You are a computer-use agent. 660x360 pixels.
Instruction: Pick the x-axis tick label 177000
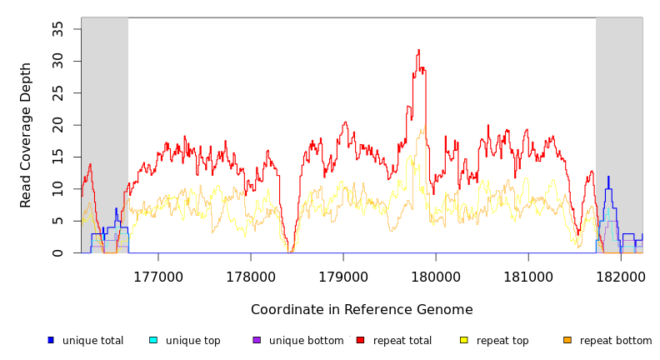[x=158, y=277]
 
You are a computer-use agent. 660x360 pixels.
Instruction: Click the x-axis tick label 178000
[x=251, y=277]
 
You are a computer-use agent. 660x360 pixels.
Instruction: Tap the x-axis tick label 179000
[x=343, y=277]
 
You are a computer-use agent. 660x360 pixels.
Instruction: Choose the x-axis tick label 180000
[x=436, y=277]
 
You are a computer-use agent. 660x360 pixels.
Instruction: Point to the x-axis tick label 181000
[x=528, y=277]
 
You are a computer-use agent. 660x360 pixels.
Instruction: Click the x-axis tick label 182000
[x=620, y=277]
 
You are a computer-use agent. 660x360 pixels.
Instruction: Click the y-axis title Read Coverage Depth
[x=26, y=135]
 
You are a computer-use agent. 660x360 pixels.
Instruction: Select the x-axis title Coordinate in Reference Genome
[x=362, y=310]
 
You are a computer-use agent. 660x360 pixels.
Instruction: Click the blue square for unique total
[x=51, y=340]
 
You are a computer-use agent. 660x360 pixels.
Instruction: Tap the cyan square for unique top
[x=153, y=340]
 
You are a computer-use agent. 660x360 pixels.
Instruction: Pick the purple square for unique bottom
[x=257, y=340]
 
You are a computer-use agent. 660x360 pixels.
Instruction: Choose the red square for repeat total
[x=360, y=340]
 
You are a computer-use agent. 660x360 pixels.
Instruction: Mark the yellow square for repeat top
[x=463, y=340]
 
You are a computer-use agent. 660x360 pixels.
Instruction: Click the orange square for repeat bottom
[x=567, y=340]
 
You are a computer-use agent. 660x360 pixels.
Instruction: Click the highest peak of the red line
[x=418, y=50]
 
